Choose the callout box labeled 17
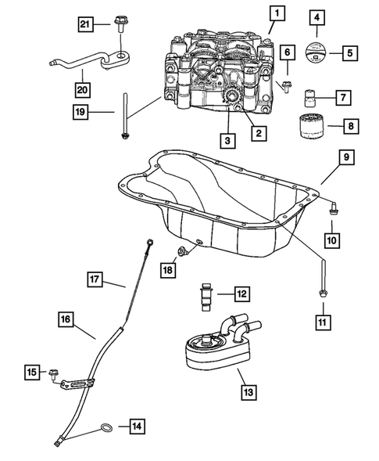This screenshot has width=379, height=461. pyautogui.click(x=94, y=278)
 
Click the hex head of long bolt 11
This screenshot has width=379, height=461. pyautogui.click(x=322, y=293)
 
